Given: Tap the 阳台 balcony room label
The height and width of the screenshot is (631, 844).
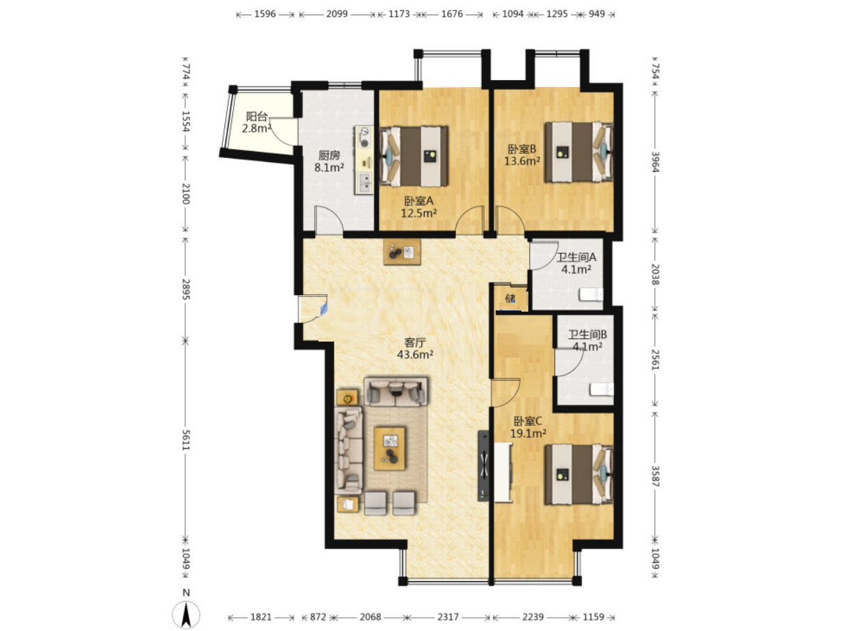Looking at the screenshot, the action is pyautogui.click(x=257, y=116).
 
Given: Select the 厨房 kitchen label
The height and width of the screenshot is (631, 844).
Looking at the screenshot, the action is pyautogui.click(x=329, y=155).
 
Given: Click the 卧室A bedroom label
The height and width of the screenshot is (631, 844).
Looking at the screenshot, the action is pyautogui.click(x=419, y=201).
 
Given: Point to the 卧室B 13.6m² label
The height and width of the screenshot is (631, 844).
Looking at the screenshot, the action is pyautogui.click(x=522, y=155).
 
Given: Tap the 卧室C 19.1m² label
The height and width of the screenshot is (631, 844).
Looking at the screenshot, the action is pyautogui.click(x=528, y=427).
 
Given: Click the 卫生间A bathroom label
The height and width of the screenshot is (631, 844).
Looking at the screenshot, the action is pyautogui.click(x=576, y=257).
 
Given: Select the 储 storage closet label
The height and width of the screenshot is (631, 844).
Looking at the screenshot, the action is pyautogui.click(x=510, y=298).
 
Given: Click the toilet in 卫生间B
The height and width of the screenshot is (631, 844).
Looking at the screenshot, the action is pyautogui.click(x=601, y=390).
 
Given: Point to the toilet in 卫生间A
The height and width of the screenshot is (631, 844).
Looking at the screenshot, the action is pyautogui.click(x=591, y=295).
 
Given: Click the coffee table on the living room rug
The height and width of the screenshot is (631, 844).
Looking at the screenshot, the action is pyautogui.click(x=389, y=448).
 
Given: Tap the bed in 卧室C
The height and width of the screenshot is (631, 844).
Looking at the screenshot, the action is pyautogui.click(x=578, y=474).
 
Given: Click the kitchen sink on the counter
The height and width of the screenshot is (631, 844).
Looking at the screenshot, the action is pyautogui.click(x=364, y=182).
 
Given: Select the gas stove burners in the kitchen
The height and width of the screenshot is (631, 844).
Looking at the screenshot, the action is pyautogui.click(x=364, y=137).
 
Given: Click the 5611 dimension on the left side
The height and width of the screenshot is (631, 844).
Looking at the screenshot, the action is pyautogui.click(x=186, y=440).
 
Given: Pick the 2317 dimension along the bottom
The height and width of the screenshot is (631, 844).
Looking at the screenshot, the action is pyautogui.click(x=448, y=617).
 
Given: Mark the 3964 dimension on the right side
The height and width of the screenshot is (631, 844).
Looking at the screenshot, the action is pyautogui.click(x=655, y=162).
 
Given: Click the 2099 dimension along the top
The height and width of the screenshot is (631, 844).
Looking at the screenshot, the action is pyautogui.click(x=336, y=14).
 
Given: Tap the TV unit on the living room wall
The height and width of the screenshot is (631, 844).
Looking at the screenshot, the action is pyautogui.click(x=483, y=465).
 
